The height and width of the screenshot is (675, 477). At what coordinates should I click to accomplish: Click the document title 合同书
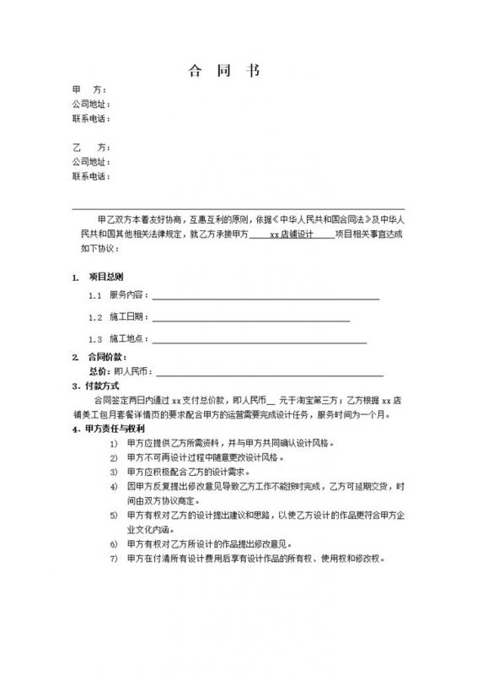pos(222,70)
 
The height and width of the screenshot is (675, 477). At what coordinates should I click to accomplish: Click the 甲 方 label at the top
pos(89,89)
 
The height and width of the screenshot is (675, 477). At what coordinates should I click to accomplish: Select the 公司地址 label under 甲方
pos(90,104)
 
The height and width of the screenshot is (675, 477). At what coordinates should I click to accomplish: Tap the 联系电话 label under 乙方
pos(90,176)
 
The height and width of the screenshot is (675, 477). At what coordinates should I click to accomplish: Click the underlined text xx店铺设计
pos(291,235)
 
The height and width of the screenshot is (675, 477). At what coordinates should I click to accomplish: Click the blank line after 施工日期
pos(250,318)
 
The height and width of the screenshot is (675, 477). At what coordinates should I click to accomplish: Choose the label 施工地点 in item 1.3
pos(128,339)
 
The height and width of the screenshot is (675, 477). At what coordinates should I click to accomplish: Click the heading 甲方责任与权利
pos(115,429)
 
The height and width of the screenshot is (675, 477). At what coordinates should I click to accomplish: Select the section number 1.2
pos(95,318)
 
